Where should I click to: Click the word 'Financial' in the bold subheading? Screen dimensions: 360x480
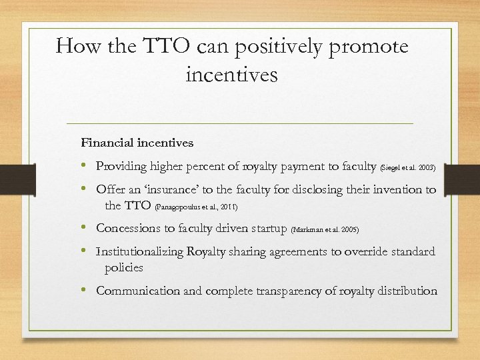(105, 142)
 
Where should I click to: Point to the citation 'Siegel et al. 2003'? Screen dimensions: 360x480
(408, 166)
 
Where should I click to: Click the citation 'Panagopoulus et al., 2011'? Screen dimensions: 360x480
(196, 207)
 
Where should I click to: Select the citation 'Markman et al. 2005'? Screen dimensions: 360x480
(325, 229)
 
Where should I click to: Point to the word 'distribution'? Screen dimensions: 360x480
(406, 291)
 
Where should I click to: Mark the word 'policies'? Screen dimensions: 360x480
(124, 267)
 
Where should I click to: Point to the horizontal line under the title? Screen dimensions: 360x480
(240, 124)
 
